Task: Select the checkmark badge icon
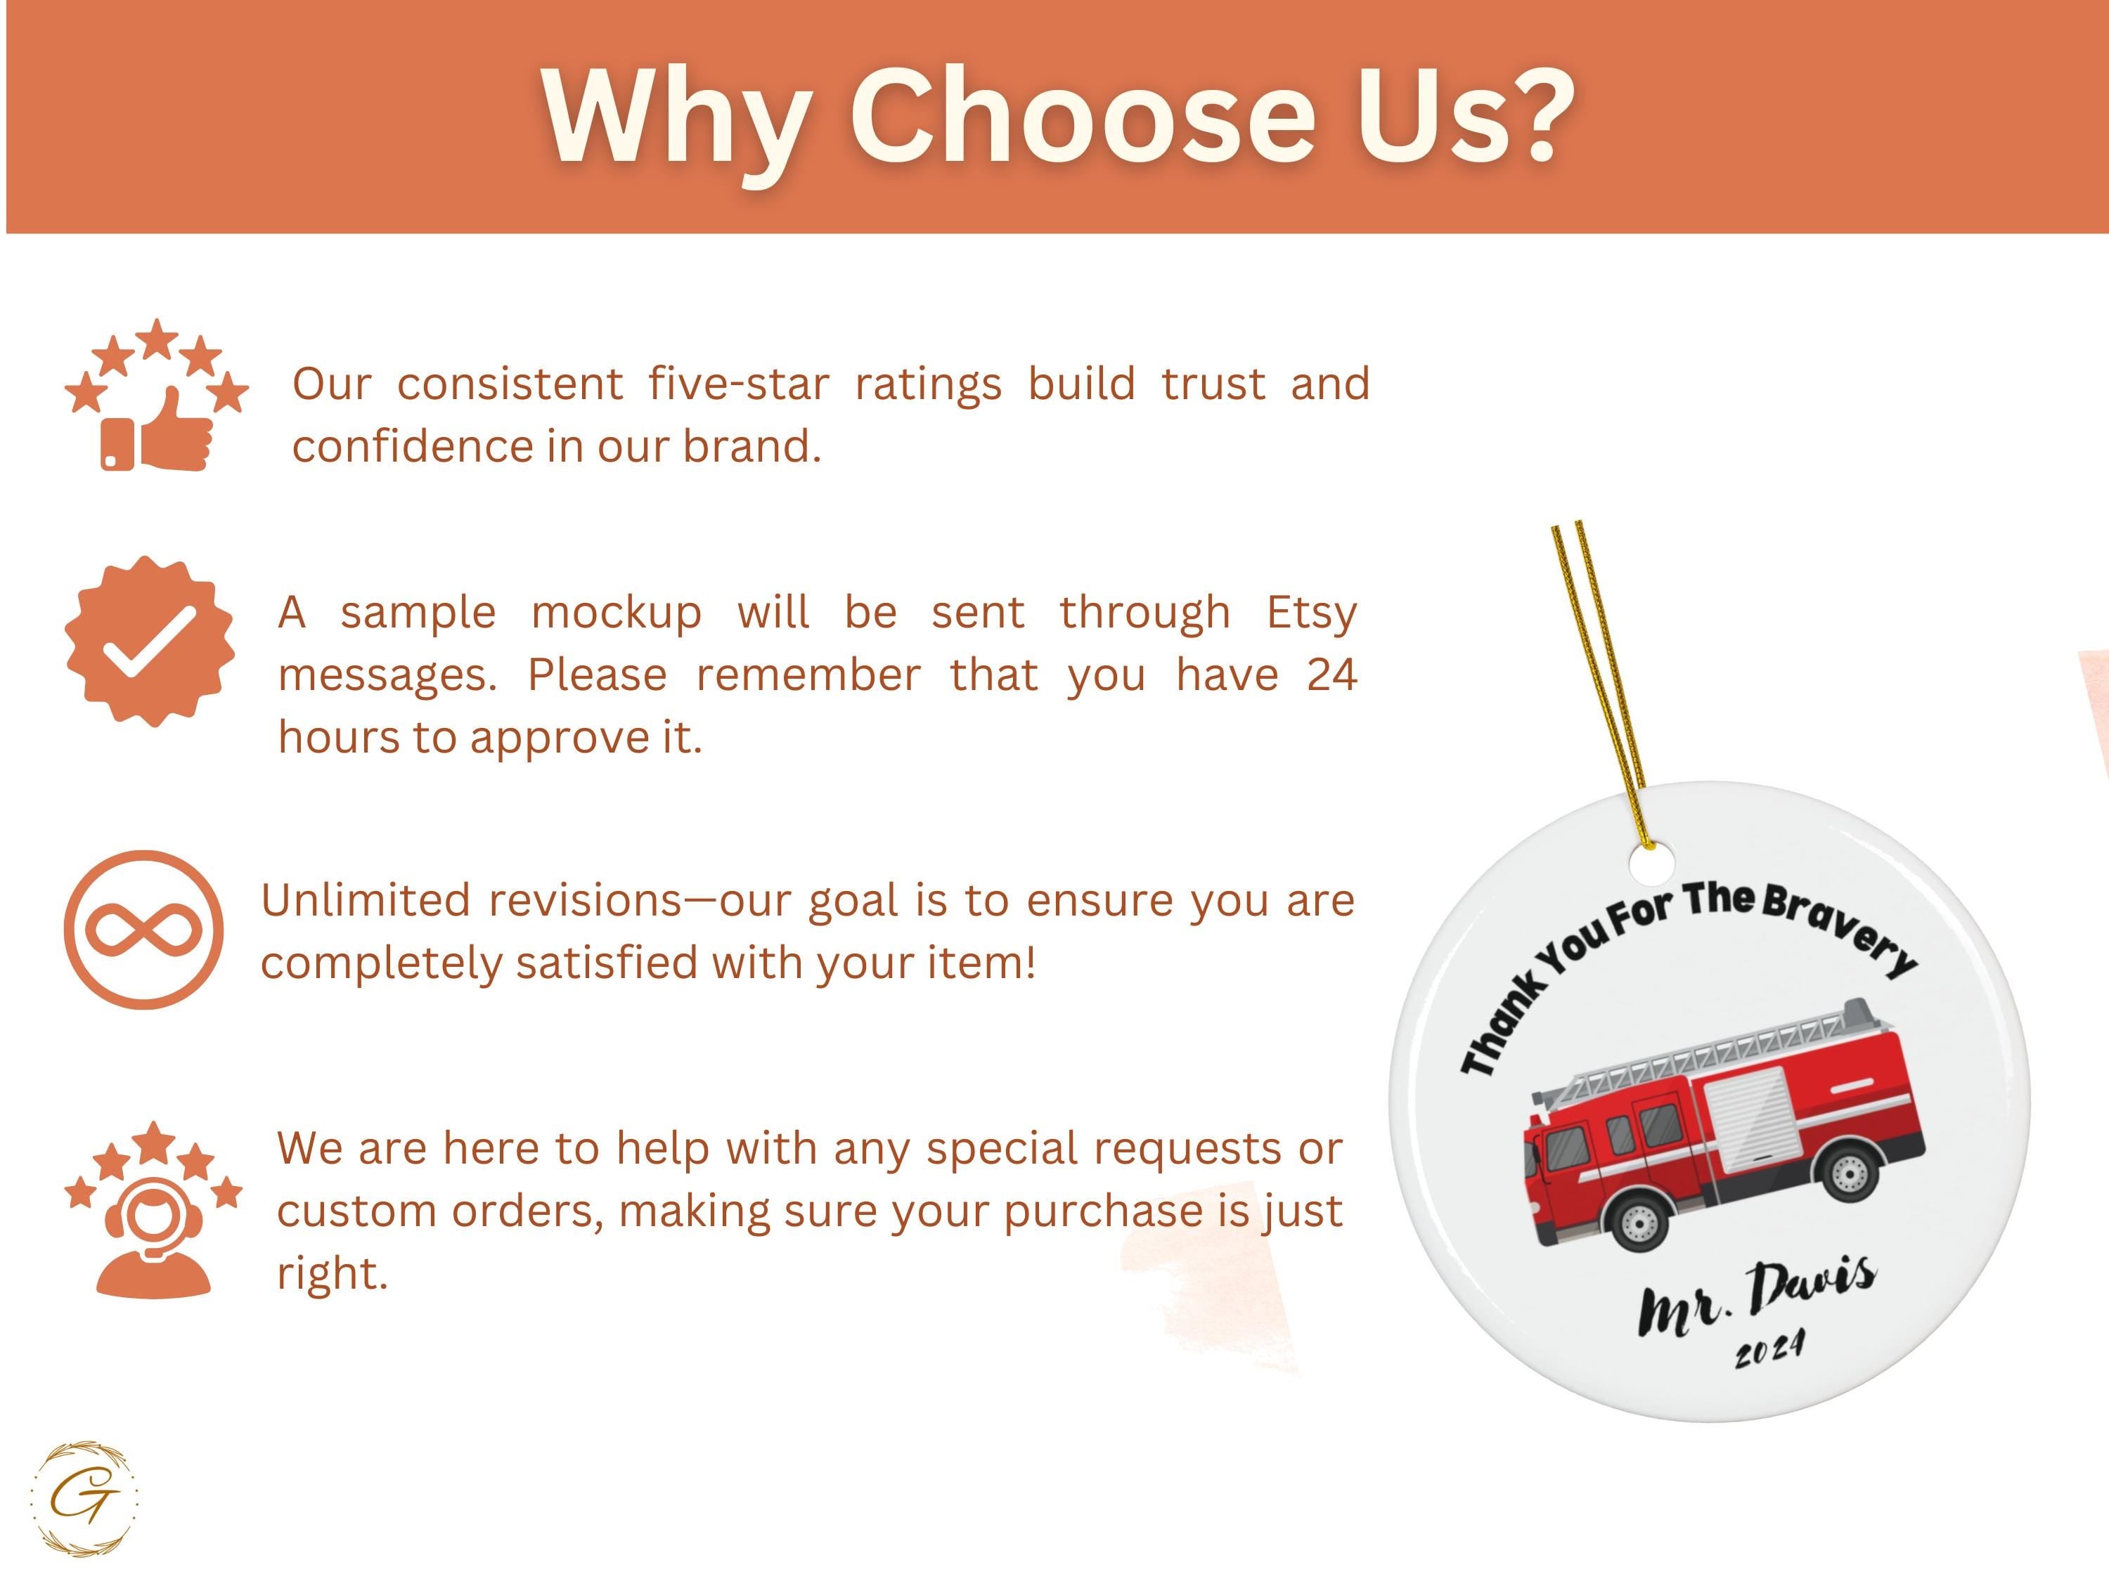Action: coord(150,642)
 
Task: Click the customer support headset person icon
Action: coord(153,1234)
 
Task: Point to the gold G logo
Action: coord(84,1498)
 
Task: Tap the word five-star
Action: coord(739,384)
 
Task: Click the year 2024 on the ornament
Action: coord(1769,1348)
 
